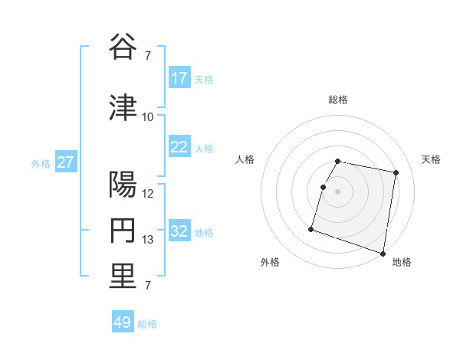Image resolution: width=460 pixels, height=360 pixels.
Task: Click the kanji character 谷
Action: pyautogui.click(x=123, y=47)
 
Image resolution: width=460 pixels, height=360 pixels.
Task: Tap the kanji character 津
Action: pyautogui.click(x=123, y=107)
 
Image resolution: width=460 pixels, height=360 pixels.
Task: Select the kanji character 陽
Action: pyautogui.click(x=123, y=185)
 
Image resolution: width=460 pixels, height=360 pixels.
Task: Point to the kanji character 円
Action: pyautogui.click(x=123, y=231)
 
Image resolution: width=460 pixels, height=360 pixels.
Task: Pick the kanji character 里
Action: pyautogui.click(x=123, y=277)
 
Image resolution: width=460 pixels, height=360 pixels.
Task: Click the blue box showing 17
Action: pyautogui.click(x=179, y=78)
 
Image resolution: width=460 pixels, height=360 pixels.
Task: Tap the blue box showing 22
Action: pyautogui.click(x=179, y=147)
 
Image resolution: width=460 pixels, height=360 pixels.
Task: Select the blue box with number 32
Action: pyautogui.click(x=179, y=231)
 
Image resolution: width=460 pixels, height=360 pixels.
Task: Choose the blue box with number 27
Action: pyautogui.click(x=66, y=162)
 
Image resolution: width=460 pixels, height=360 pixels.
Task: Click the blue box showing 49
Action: pyautogui.click(x=123, y=322)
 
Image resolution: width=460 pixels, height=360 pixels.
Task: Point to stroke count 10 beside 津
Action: pyautogui.click(x=148, y=117)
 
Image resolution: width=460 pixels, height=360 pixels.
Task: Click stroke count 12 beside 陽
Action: pyautogui.click(x=148, y=194)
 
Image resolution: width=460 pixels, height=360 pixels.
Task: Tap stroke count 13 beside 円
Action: pyautogui.click(x=148, y=240)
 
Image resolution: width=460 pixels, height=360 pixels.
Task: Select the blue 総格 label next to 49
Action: pyautogui.click(x=147, y=324)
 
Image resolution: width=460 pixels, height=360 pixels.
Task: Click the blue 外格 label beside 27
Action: pyautogui.click(x=41, y=163)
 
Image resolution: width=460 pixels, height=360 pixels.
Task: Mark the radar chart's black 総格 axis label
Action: pyautogui.click(x=338, y=100)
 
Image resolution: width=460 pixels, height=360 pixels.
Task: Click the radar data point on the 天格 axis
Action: pyautogui.click(x=396, y=173)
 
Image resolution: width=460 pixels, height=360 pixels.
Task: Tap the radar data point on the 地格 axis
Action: pyautogui.click(x=383, y=253)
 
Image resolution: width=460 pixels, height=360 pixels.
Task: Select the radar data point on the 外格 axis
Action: pyautogui.click(x=311, y=228)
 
